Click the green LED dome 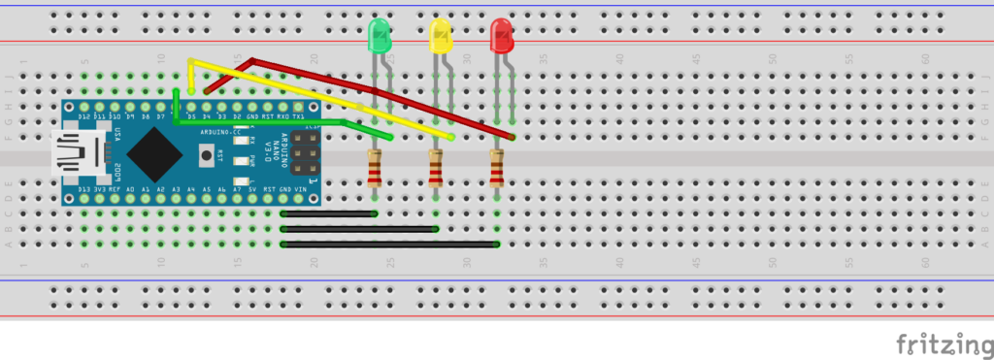click(380, 38)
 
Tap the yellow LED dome click(441, 38)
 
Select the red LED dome click(502, 37)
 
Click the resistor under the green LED click(375, 168)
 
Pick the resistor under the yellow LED click(436, 169)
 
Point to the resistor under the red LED click(497, 168)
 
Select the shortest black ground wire click(328, 213)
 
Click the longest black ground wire click(389, 244)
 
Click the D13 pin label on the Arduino click(84, 189)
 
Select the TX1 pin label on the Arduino click(299, 116)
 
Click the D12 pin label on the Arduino click(84, 116)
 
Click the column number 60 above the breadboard click(926, 59)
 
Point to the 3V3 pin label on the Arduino click(99, 189)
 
